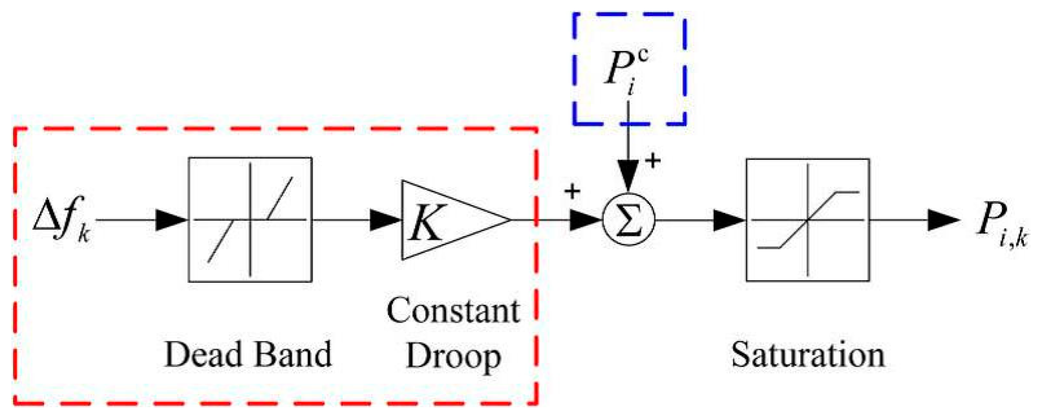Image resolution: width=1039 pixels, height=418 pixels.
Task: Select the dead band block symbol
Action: point(250,220)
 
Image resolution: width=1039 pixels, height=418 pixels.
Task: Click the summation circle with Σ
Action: point(628,220)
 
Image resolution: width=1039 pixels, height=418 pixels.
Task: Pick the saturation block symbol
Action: point(808,220)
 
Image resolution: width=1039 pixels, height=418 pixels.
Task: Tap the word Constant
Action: point(453,311)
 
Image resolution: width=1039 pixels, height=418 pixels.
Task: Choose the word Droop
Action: point(453,357)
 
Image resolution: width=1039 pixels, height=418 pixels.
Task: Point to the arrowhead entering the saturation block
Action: point(729,220)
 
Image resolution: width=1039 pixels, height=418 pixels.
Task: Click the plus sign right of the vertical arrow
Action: point(652,160)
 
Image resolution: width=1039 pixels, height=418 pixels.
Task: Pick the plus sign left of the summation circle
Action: point(572,191)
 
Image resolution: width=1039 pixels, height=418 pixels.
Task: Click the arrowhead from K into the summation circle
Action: point(585,220)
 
